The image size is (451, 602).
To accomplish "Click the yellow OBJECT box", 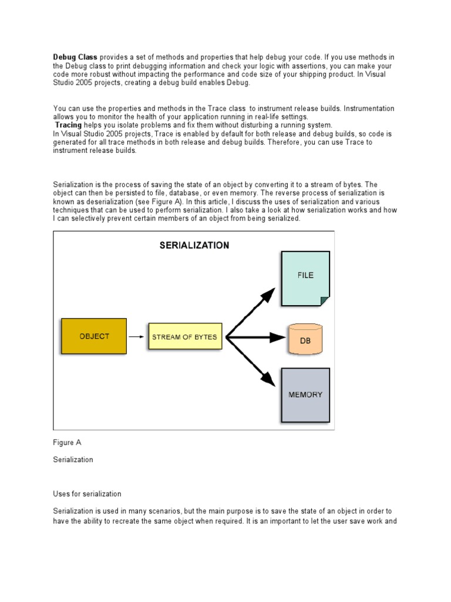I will point(94,336).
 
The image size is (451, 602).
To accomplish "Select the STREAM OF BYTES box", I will point(184,337).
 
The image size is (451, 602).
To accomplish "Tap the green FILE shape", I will point(305,279).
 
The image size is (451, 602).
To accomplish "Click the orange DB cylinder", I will point(305,339).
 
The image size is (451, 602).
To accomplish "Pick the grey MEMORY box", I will point(305,395).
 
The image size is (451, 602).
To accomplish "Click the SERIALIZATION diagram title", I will point(194,246).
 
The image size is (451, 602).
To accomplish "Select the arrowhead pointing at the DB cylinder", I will point(278,337).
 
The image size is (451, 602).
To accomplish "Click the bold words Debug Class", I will point(76,57).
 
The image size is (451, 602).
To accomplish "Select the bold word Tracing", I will point(69,125).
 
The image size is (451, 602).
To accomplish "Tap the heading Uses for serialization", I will point(87,494).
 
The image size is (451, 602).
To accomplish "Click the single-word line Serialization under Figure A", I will point(73,460).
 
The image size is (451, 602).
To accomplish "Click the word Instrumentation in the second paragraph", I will point(361,109).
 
